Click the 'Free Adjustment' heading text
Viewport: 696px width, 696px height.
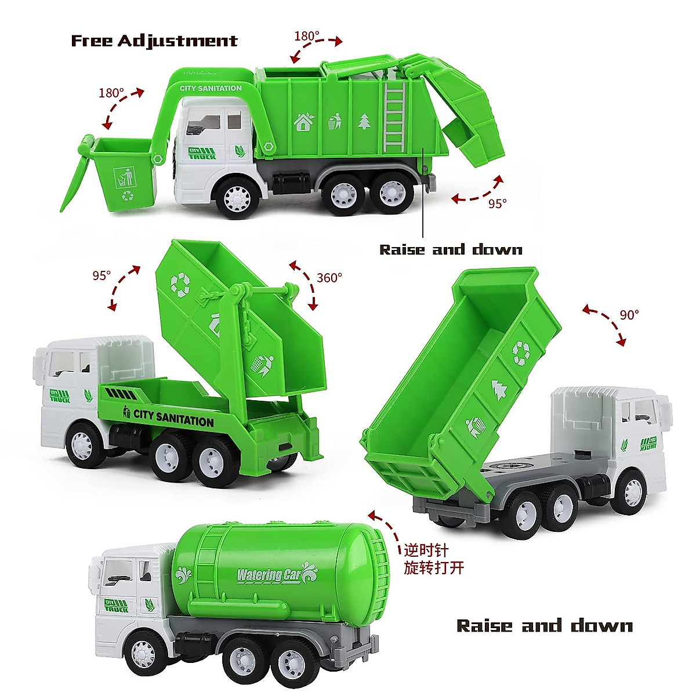tap(154, 41)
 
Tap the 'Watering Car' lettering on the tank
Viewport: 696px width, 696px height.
tap(268, 575)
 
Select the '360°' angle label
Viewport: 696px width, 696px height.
tap(329, 278)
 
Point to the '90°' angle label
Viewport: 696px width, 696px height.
tap(629, 315)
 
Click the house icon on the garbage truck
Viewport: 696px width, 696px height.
tap(303, 122)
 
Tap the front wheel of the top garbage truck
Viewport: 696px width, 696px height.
tap(237, 198)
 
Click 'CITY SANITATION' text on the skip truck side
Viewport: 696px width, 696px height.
tap(173, 416)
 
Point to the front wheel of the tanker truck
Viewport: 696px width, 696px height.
tap(143, 654)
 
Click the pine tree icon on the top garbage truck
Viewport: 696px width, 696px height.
tap(364, 121)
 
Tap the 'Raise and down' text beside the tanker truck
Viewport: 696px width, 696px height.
tap(544, 626)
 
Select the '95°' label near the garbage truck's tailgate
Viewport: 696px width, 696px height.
tap(497, 204)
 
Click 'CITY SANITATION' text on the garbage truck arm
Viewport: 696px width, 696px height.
tap(211, 88)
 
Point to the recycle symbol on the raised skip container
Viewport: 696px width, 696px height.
tap(180, 284)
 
